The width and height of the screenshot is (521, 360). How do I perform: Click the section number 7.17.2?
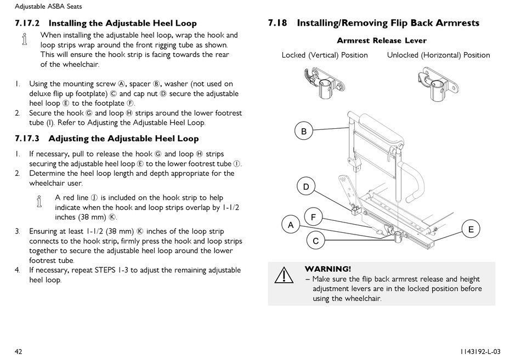28,24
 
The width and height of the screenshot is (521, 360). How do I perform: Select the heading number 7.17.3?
28,139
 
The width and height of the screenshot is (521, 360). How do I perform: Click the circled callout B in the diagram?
304,132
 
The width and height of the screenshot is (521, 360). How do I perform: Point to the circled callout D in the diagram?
306,187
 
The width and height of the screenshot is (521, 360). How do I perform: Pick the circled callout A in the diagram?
291,225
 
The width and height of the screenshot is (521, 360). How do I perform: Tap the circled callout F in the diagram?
313,217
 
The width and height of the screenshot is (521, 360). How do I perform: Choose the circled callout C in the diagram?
315,241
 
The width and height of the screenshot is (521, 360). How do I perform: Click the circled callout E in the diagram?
471,229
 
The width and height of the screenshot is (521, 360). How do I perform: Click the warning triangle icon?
284,276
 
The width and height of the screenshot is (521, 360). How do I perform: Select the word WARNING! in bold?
327,269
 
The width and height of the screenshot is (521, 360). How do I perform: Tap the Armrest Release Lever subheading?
381,41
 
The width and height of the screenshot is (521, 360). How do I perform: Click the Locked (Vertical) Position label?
325,55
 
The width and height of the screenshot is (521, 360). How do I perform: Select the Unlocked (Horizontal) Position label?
438,55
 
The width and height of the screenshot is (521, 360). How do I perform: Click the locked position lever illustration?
323,81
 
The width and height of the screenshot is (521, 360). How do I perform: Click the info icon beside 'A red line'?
39,202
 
